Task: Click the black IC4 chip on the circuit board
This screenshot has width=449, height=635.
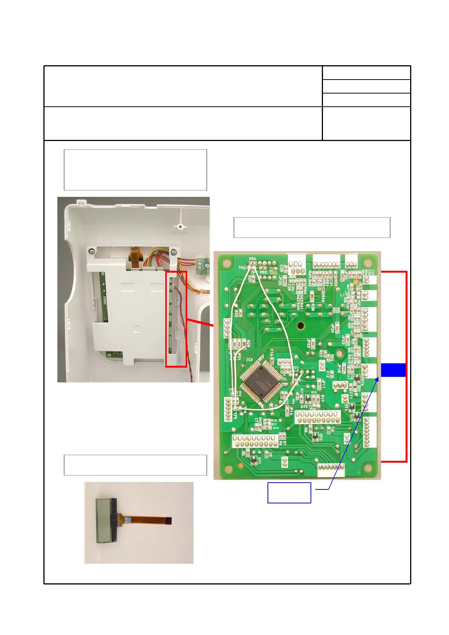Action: (261, 382)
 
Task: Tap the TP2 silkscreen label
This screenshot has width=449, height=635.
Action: (242, 268)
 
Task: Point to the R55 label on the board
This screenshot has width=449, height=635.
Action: (263, 272)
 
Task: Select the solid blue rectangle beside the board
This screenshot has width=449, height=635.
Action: (393, 370)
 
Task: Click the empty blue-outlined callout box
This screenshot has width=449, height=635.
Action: (289, 492)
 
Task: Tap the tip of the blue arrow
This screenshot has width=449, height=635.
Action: (377, 379)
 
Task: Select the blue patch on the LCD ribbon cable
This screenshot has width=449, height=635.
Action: (127, 520)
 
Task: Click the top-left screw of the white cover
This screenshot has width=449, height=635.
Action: (91, 252)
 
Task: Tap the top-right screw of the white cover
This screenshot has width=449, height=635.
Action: (173, 252)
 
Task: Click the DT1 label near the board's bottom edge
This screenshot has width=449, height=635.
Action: (259, 460)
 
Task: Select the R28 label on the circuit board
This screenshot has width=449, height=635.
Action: (248, 343)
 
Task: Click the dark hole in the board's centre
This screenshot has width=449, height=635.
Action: (301, 325)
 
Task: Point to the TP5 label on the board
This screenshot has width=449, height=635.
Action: (235, 416)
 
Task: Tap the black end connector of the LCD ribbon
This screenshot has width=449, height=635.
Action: (169, 521)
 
